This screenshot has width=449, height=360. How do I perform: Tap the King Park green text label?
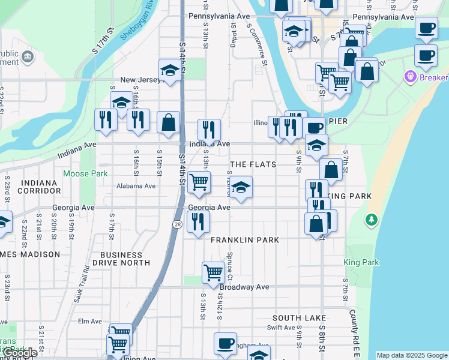pos(361,262)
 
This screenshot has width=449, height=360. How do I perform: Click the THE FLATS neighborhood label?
pos(253,164)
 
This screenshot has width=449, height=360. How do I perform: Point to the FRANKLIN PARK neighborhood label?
pos(245,240)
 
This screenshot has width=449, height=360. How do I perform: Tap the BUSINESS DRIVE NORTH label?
pos(125,259)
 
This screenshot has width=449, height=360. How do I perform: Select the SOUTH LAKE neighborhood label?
pos(299,318)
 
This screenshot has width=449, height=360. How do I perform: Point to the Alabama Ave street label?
pos(136,186)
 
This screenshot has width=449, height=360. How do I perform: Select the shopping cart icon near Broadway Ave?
pos(213,272)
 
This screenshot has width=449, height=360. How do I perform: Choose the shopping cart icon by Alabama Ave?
pos(199,182)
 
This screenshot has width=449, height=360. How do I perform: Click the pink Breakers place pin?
pos(411,77)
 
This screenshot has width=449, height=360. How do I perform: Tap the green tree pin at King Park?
pos(372,220)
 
